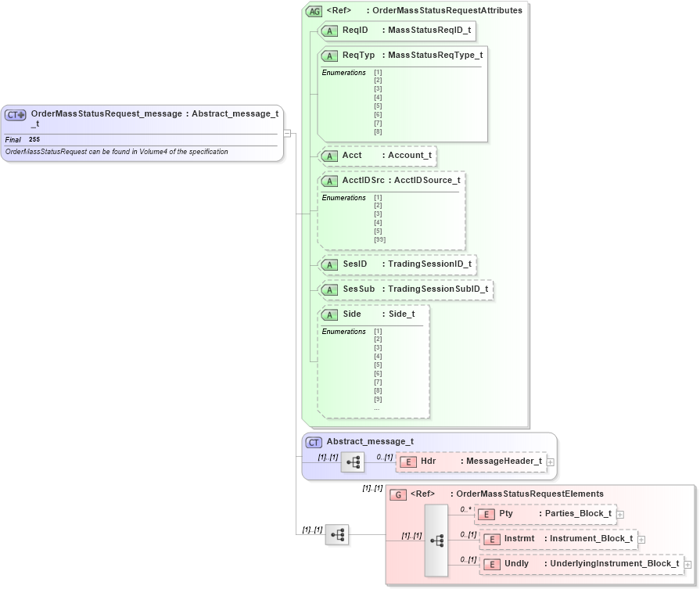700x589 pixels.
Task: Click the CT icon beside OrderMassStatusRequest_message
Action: tap(16, 114)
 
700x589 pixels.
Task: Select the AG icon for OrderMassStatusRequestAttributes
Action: tap(314, 11)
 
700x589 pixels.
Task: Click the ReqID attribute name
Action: tap(355, 30)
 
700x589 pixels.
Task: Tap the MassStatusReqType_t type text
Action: tap(435, 55)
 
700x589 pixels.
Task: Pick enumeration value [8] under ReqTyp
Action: tap(378, 131)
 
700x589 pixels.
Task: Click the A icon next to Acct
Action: tap(330, 156)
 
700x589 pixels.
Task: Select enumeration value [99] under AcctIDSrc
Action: tap(379, 239)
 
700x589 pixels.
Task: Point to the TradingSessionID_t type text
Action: tap(429, 264)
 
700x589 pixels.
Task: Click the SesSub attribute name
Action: tap(359, 289)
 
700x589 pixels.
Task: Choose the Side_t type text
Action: tap(401, 314)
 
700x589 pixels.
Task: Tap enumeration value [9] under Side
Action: tap(378, 399)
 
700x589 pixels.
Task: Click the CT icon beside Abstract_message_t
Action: tap(314, 442)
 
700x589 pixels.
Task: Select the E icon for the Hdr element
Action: tap(407, 462)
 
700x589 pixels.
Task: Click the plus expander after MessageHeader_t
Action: tap(551, 462)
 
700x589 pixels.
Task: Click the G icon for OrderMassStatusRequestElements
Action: tap(398, 494)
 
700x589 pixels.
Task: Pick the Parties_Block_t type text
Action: tap(578, 514)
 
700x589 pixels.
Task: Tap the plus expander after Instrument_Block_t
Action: tap(641, 539)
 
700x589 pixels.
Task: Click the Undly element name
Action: tap(516, 564)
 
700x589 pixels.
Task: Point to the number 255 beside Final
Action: tap(34, 139)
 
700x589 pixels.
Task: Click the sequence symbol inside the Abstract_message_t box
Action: tap(353, 462)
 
